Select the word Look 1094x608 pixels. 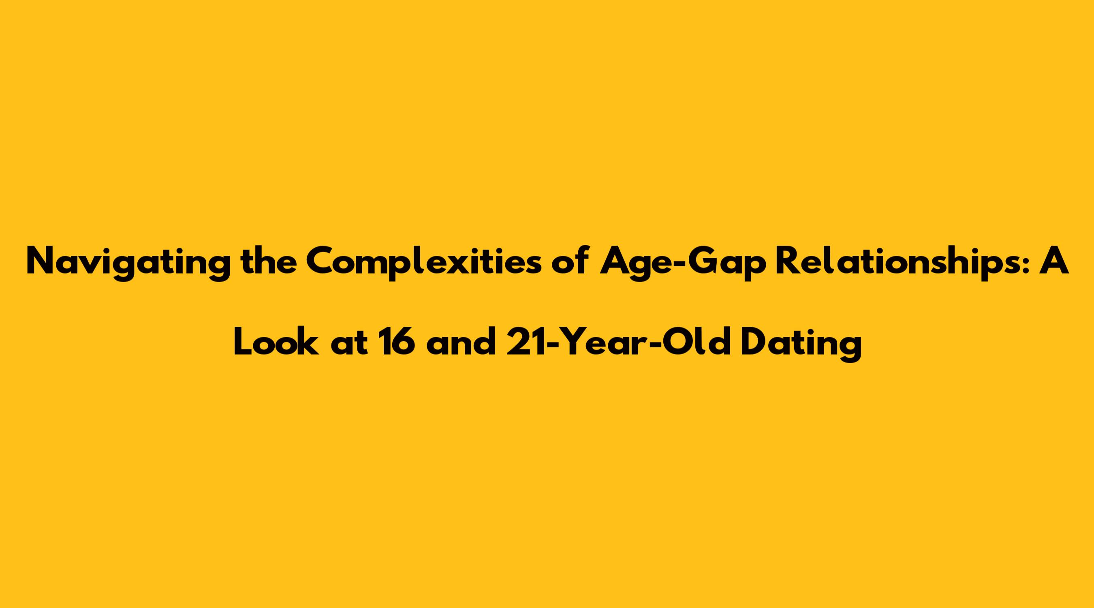(276, 342)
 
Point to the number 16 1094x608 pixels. (397, 342)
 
